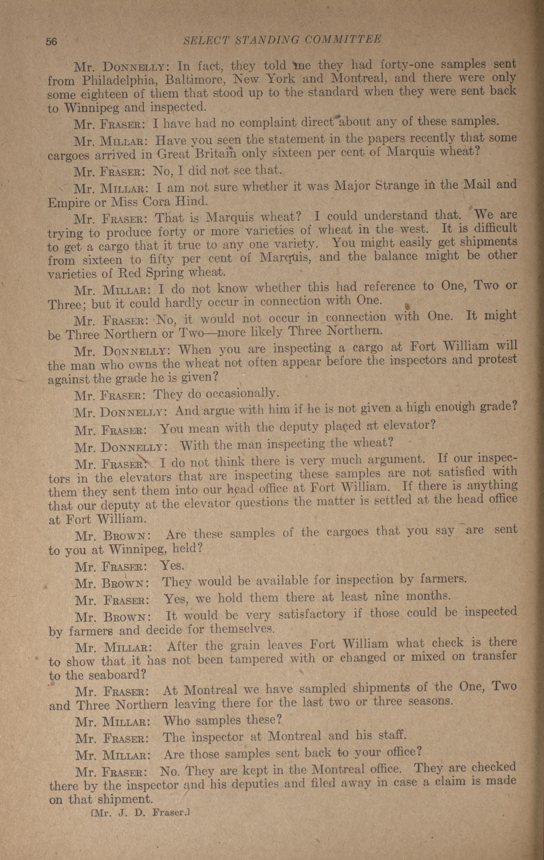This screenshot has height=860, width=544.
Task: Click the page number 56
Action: click(x=51, y=41)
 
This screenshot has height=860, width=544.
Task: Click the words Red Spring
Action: click(x=150, y=273)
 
